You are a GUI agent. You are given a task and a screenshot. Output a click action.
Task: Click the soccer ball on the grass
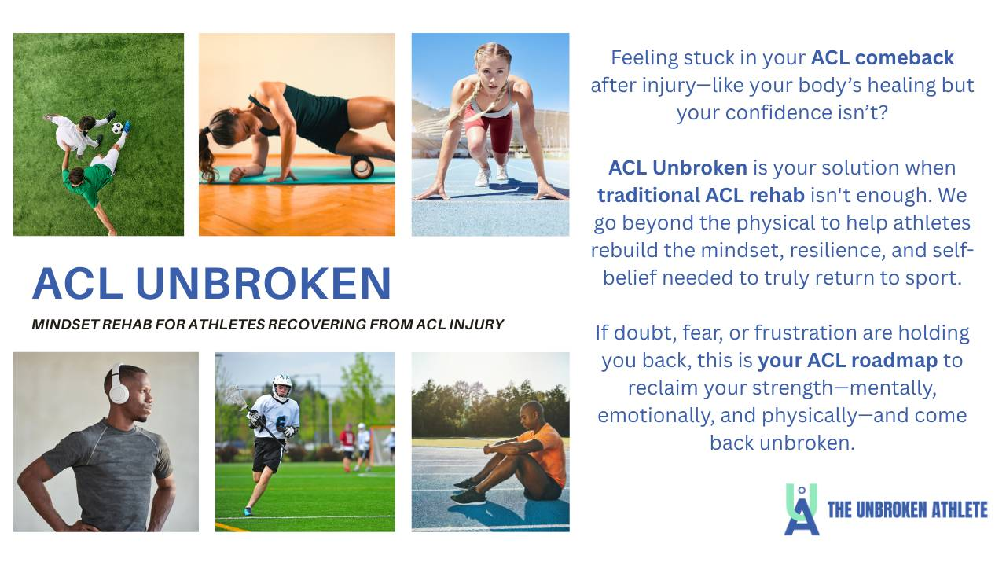pyautogui.click(x=117, y=128)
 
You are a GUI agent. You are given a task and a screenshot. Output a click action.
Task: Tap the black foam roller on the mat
pyautogui.click(x=362, y=166)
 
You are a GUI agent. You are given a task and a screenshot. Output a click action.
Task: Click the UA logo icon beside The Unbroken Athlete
pyautogui.click(x=802, y=509)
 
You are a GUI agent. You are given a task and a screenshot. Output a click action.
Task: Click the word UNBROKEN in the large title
pyautogui.click(x=263, y=283)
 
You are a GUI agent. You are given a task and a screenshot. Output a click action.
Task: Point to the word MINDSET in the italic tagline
pyautogui.click(x=64, y=325)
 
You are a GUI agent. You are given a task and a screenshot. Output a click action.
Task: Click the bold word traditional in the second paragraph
pyautogui.click(x=648, y=195)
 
